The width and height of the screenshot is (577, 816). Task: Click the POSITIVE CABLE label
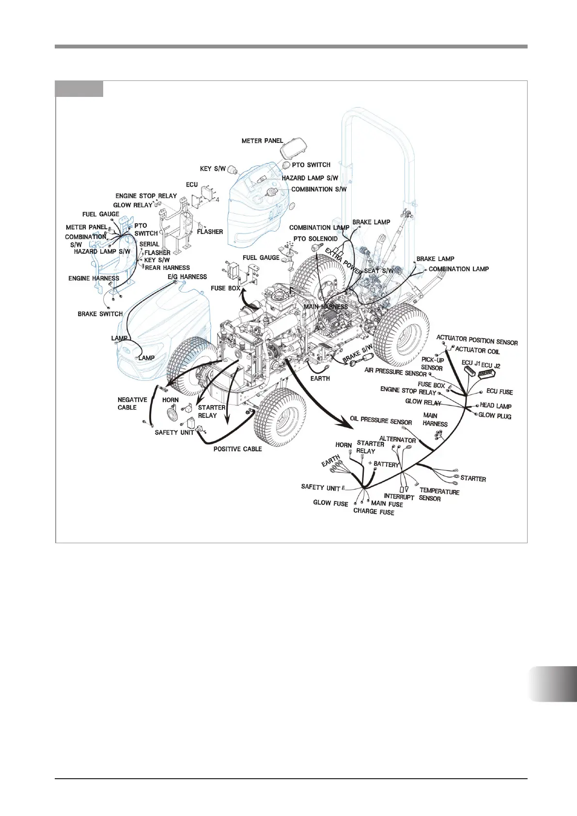[x=237, y=449]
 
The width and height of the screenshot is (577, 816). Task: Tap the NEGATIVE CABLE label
[x=132, y=404]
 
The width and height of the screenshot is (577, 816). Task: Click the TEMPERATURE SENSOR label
[x=439, y=495]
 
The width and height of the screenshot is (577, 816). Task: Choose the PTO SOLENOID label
[x=315, y=239]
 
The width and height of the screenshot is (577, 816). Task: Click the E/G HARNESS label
[x=187, y=277]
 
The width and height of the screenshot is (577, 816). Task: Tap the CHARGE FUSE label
[x=374, y=511]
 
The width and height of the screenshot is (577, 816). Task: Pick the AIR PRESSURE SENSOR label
[x=395, y=372]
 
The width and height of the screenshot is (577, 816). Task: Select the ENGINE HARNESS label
[x=94, y=279]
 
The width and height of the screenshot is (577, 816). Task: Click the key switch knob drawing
[x=234, y=169]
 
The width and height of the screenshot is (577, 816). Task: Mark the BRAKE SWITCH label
[x=100, y=314]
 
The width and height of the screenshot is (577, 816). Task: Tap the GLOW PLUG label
[x=495, y=416]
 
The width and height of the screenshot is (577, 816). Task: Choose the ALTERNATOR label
[x=397, y=439]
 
